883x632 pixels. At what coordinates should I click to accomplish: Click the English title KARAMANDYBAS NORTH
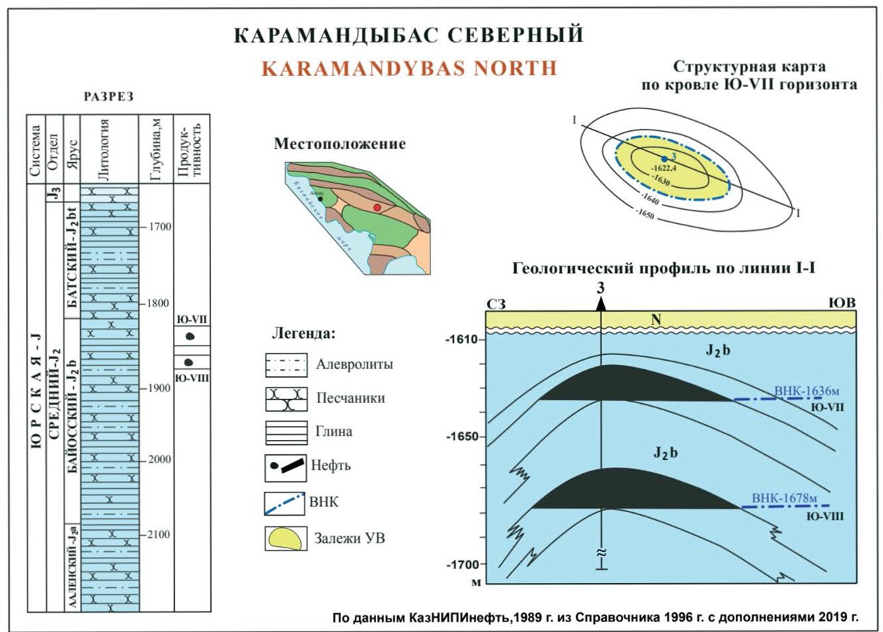[x=409, y=68]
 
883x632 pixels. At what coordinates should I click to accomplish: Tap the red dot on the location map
[x=377, y=208]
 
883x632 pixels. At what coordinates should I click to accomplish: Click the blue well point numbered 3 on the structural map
[x=663, y=157]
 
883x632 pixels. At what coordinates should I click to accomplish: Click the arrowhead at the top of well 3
[x=600, y=303]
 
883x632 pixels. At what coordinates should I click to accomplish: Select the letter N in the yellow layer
[x=657, y=321]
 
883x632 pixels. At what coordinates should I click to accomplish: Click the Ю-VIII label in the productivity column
[x=191, y=377]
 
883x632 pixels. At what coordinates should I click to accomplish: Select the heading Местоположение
[x=340, y=144]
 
